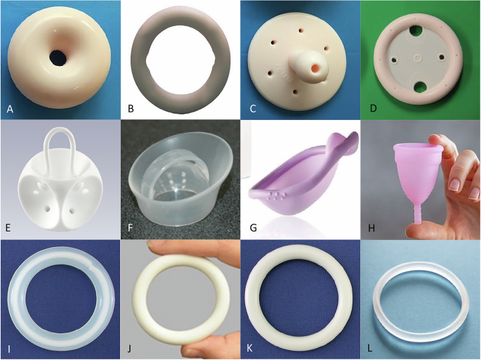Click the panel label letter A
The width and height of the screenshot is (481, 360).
(x=10, y=109)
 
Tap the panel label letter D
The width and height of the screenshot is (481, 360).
(x=373, y=108)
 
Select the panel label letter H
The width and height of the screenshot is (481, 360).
(x=371, y=228)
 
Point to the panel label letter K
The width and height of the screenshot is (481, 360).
(x=250, y=348)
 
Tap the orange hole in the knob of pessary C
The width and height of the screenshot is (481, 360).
(x=315, y=67)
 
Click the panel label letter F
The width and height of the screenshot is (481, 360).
(x=130, y=228)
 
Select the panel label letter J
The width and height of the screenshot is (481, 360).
(x=129, y=348)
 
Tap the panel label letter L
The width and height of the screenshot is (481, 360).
(x=370, y=348)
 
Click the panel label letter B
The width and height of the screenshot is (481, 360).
(x=131, y=108)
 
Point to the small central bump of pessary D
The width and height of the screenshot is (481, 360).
(x=418, y=58)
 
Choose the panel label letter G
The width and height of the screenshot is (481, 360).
(x=253, y=228)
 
